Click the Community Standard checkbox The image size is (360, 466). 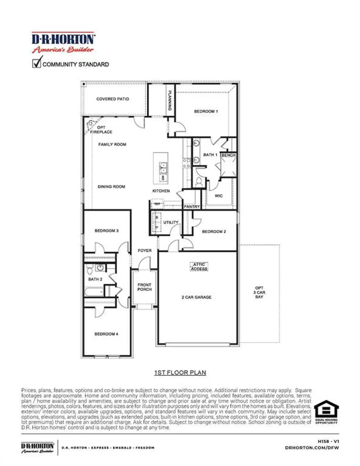36,63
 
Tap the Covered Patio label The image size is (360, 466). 112,99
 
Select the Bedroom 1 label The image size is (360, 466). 206,111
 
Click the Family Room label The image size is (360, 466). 112,144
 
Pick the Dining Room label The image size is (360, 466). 111,187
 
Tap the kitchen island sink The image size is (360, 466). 163,168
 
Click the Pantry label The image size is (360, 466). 192,207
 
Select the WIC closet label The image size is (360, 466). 219,196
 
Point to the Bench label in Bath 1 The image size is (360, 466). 228,155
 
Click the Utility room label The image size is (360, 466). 171,222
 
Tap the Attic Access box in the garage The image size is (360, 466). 199,266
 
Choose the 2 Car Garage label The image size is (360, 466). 196,297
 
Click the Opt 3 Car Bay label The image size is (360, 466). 259,292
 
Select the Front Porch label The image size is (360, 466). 144,287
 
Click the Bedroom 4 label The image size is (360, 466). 106,334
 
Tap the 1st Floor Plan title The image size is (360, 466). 180,373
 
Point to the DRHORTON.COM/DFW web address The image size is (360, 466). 312,448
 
